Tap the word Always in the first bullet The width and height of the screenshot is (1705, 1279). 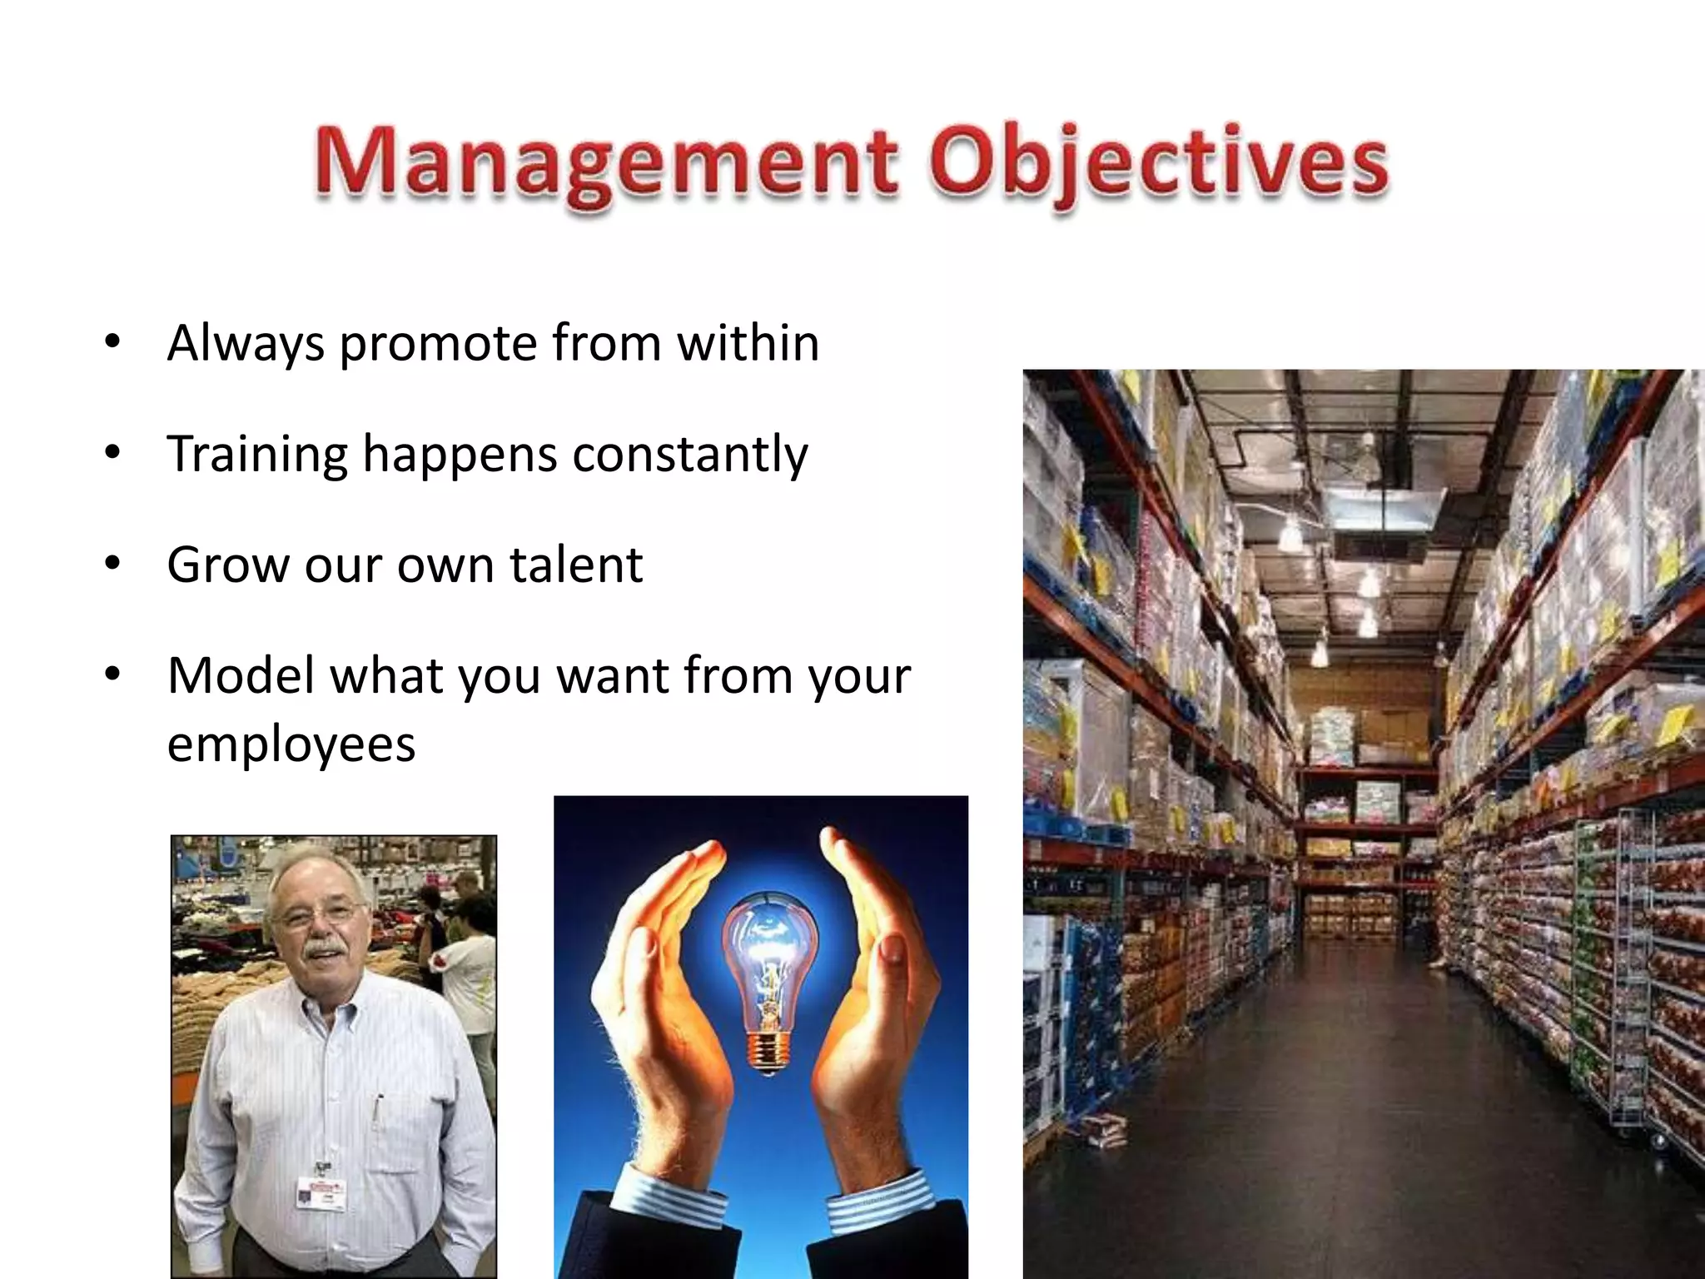click(246, 344)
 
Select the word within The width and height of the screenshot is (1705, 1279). click(748, 342)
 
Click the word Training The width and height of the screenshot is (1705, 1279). click(257, 455)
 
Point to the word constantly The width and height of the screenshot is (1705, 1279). click(690, 455)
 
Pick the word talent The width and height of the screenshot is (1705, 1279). click(575, 565)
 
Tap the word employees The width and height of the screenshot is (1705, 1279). click(291, 744)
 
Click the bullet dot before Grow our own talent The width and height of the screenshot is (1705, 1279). click(113, 564)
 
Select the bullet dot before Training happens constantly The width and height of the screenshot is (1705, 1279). click(113, 453)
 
